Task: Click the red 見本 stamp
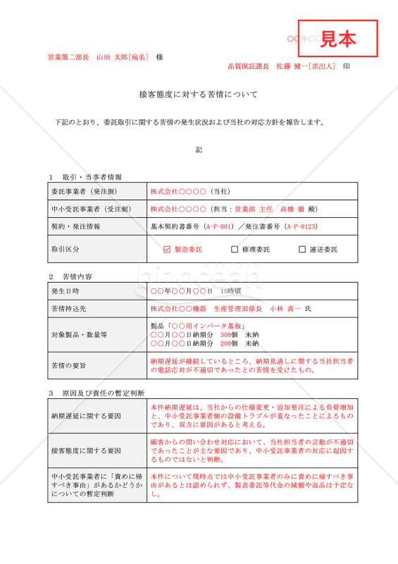click(337, 39)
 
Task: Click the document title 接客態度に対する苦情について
click(199, 94)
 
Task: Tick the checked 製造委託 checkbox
click(167, 250)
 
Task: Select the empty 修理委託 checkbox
click(235, 250)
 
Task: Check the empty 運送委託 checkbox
click(302, 250)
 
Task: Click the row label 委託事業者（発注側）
click(84, 191)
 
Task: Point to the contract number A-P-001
click(218, 227)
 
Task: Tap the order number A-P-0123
click(301, 227)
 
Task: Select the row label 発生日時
click(66, 290)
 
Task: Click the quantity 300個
click(229, 335)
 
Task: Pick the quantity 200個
click(229, 343)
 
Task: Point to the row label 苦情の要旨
click(69, 365)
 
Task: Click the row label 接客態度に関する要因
click(86, 450)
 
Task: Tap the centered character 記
click(199, 149)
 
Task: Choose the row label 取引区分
click(66, 250)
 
